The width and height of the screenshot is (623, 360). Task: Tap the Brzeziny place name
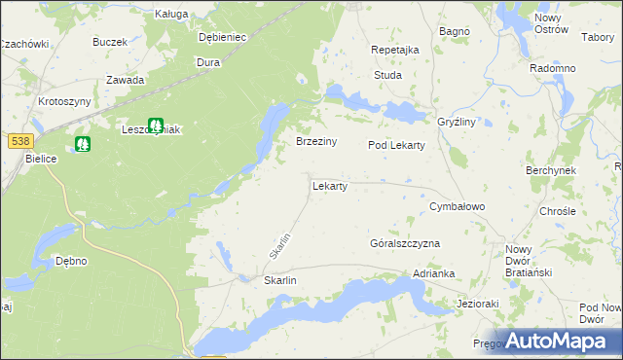[x=316, y=141]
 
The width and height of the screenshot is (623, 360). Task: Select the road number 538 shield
[x=16, y=140]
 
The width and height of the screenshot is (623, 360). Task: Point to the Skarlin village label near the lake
[x=279, y=280]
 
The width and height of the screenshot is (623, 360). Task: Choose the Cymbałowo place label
[x=458, y=207]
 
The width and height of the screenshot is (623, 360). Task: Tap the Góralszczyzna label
[x=405, y=242]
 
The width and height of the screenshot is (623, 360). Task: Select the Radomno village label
[x=553, y=68]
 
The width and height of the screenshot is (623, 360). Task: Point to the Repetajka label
[x=395, y=50]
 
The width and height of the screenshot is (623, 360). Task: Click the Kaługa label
[x=171, y=15]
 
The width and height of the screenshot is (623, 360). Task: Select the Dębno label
[x=71, y=261]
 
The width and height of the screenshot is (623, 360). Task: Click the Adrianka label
[x=434, y=274]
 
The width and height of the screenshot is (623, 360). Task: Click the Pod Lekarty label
[x=396, y=145]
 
